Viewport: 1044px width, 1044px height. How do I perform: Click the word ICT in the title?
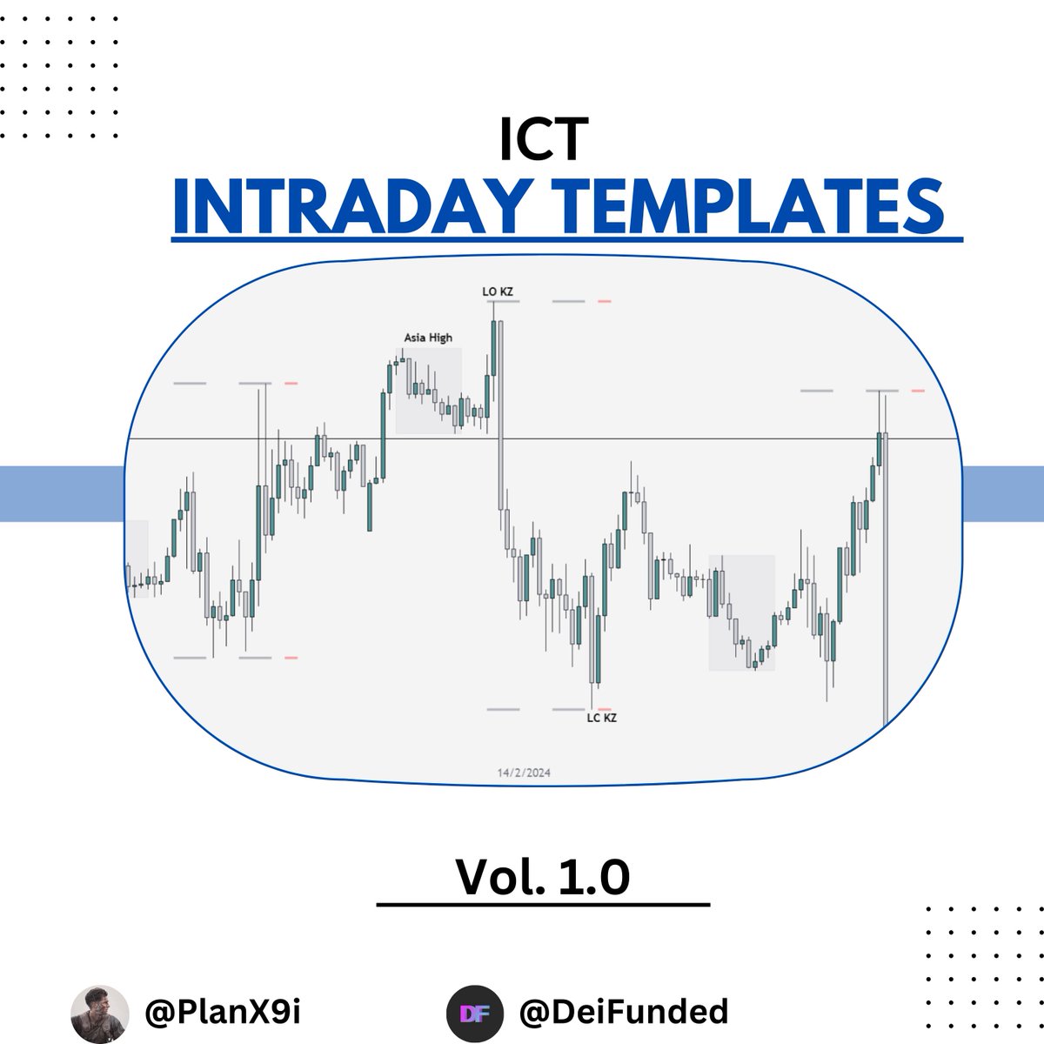[544, 139]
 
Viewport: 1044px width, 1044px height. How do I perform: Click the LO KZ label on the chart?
[498, 291]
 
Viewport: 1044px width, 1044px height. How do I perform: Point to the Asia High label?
[428, 338]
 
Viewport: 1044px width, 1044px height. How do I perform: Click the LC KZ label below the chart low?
[601, 718]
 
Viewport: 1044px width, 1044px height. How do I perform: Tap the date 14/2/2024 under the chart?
[524, 773]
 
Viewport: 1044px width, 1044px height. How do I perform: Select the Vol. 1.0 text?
[542, 877]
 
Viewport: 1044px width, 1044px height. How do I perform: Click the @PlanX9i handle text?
[223, 1011]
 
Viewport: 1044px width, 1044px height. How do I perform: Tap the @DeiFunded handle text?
[623, 1011]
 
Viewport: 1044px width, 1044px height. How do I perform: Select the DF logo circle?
[474, 1013]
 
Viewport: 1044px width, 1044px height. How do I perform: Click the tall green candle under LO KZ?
[494, 348]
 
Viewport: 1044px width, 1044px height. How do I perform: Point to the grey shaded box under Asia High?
[428, 391]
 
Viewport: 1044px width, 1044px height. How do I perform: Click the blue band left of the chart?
[61, 493]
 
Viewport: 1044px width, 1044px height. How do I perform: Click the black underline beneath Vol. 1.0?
[543, 906]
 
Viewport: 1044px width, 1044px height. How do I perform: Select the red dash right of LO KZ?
[604, 301]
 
